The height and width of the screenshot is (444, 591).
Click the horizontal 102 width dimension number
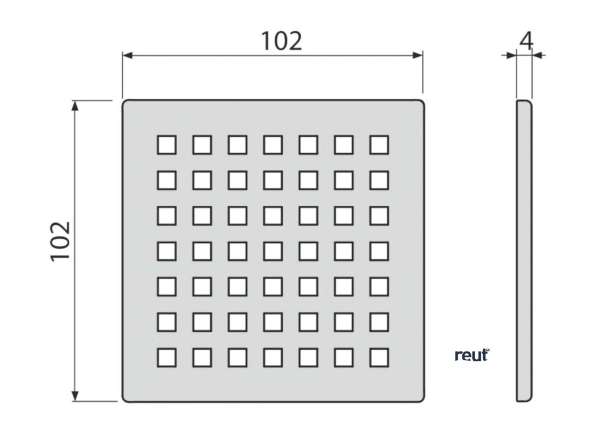[x=281, y=40]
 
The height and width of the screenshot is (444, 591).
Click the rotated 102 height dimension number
[x=59, y=240]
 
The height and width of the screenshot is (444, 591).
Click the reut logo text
[x=472, y=355]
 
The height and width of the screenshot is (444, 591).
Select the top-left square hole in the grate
[x=166, y=145]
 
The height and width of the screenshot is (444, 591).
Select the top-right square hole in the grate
[x=379, y=145]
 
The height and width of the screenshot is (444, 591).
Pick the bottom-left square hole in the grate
[x=166, y=358]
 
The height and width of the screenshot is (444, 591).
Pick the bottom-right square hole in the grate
[x=379, y=358]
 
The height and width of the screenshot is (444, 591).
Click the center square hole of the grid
[x=272, y=251]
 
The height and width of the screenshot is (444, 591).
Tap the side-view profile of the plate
[x=524, y=251]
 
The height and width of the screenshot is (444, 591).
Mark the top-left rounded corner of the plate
[x=125, y=103]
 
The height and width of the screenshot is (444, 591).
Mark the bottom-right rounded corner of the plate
[x=421, y=398]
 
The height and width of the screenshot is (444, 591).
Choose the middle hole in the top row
[x=272, y=145]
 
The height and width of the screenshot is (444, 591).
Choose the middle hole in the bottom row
[x=272, y=358]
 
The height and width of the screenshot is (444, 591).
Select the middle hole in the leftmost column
[x=166, y=251]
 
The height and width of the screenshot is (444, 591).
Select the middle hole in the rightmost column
[x=379, y=251]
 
